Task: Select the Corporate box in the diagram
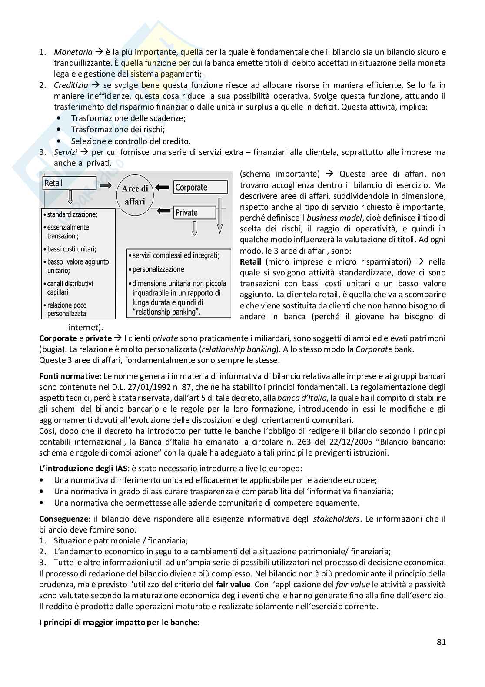pyautogui.click(x=200, y=188)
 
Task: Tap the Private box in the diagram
pyautogui.click(x=195, y=213)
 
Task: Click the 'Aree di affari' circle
pyautogui.click(x=135, y=195)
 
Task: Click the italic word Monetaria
pyautogui.click(x=73, y=52)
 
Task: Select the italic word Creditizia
pyautogui.click(x=71, y=85)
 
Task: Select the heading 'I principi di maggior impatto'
pyautogui.click(x=118, y=622)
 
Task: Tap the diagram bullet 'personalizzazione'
pyautogui.click(x=158, y=269)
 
